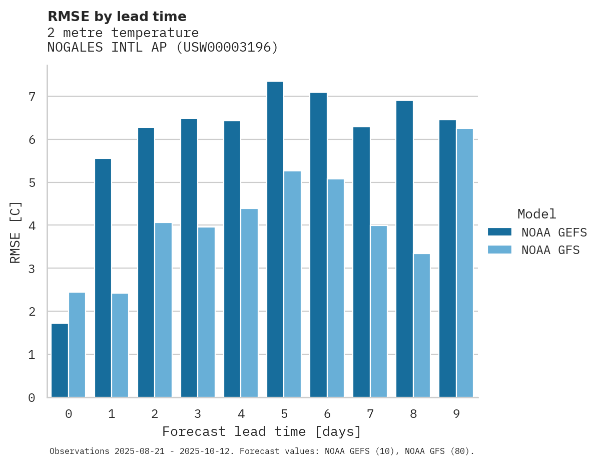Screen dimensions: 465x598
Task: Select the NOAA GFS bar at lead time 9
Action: coord(465,263)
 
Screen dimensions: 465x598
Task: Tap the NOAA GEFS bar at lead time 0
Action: coord(60,361)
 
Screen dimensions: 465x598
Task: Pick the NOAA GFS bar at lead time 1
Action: coord(120,345)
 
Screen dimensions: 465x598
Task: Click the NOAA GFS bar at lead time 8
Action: coord(422,326)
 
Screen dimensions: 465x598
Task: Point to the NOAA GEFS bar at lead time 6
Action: coord(318,245)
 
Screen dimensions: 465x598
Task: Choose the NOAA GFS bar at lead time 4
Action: coord(249,303)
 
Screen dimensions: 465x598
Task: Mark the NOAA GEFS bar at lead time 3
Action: coord(189,258)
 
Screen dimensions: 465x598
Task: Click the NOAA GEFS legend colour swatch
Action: coord(499,232)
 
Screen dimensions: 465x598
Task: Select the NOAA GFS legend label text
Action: coord(550,250)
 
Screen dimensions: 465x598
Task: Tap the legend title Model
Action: coord(536,214)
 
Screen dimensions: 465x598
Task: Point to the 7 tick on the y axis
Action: coord(32,96)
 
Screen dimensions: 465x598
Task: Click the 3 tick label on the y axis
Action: coord(32,269)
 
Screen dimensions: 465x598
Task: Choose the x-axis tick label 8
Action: coord(413,414)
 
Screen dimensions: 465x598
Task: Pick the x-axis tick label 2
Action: coord(155,414)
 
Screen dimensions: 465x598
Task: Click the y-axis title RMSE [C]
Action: coord(16,232)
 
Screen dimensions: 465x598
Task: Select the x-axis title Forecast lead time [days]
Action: coord(261,432)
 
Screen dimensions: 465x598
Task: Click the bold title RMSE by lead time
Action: coord(117,17)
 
